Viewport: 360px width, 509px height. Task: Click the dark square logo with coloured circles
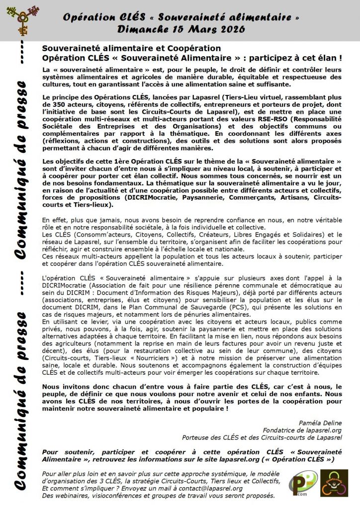click(x=334, y=483)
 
